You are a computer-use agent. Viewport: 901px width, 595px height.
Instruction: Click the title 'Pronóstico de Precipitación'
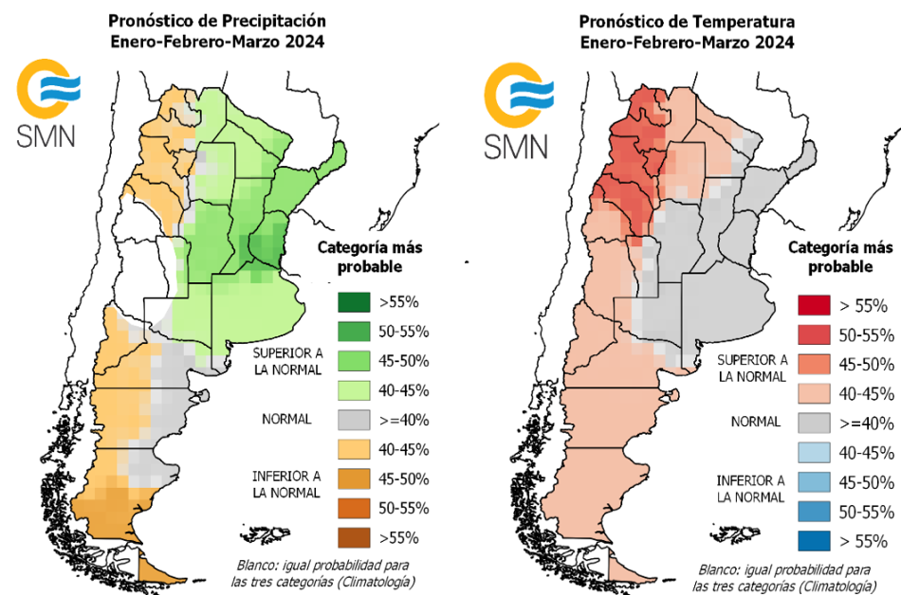tap(217, 20)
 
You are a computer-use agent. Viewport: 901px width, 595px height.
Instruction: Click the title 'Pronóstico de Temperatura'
tap(687, 20)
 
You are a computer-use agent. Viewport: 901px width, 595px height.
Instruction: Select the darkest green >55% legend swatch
tap(354, 303)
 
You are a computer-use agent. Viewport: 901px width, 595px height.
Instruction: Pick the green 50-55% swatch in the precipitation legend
tap(354, 332)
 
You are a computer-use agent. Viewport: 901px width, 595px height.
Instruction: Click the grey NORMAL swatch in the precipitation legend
tap(354, 420)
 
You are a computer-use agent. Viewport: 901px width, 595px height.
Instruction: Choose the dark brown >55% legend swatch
tap(354, 537)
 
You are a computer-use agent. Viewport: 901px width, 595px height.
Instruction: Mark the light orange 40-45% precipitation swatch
tap(354, 449)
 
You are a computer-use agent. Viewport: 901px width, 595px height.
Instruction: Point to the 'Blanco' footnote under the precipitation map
tap(322, 572)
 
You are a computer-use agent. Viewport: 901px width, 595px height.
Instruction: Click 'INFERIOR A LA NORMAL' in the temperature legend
tap(751, 489)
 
